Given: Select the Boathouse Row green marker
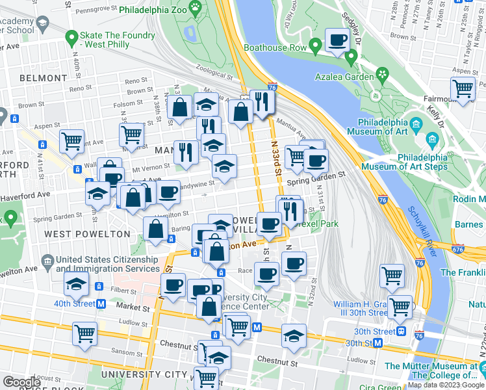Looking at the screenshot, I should coord(315,46).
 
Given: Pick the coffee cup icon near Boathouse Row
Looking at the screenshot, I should coord(337,41).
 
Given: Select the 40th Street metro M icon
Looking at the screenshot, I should coord(101,304).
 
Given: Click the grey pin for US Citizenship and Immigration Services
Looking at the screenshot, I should coord(47,263).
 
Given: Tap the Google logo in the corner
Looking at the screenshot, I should coord(22,382).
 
